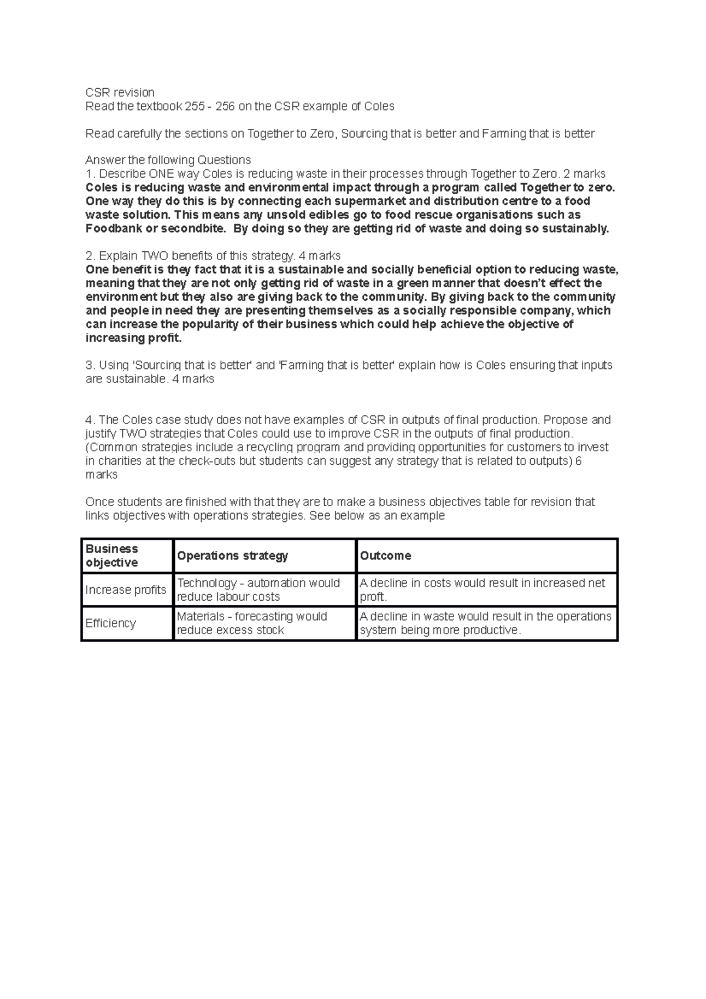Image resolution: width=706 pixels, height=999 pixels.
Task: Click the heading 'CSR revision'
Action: [120, 92]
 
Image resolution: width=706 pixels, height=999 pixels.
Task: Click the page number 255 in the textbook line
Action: [195, 106]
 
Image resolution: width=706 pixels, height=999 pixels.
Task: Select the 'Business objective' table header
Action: [112, 555]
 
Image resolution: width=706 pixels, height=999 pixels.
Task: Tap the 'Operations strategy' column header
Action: [232, 555]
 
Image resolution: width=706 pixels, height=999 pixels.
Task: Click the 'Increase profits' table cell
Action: [126, 590]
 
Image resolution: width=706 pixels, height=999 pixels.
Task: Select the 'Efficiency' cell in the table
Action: [111, 623]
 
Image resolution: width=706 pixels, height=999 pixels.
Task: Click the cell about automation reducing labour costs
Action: [258, 590]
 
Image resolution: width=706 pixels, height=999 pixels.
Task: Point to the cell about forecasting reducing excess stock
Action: [252, 623]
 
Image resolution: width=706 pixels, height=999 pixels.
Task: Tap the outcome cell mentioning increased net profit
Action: [482, 590]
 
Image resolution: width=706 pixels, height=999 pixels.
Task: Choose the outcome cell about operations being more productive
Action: [485, 623]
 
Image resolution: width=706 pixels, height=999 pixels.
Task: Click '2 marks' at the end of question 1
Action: [584, 174]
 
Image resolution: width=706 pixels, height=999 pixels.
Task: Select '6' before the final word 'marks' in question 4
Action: [578, 461]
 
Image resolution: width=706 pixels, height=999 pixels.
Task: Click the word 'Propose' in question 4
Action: [566, 419]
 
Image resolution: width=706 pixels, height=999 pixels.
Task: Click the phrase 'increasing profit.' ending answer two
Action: [134, 338]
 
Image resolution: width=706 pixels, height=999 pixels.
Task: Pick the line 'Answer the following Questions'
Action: [168, 160]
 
